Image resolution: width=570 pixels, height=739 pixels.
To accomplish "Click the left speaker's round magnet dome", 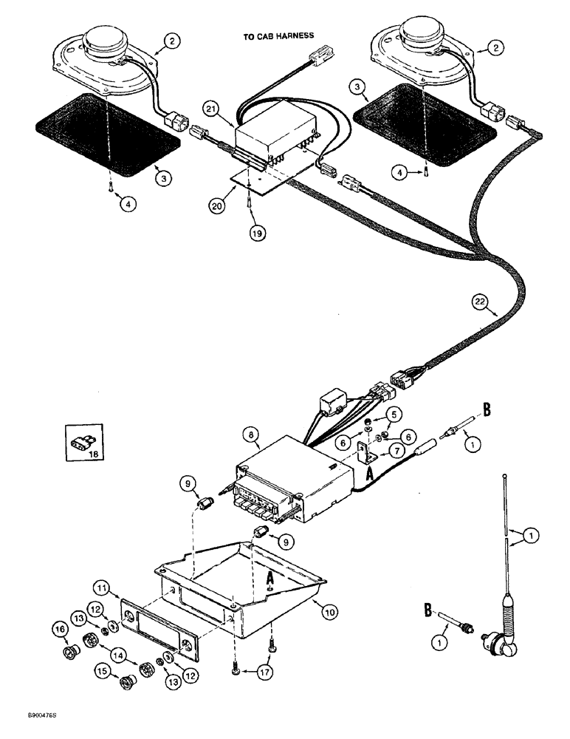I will coord(106,38).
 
